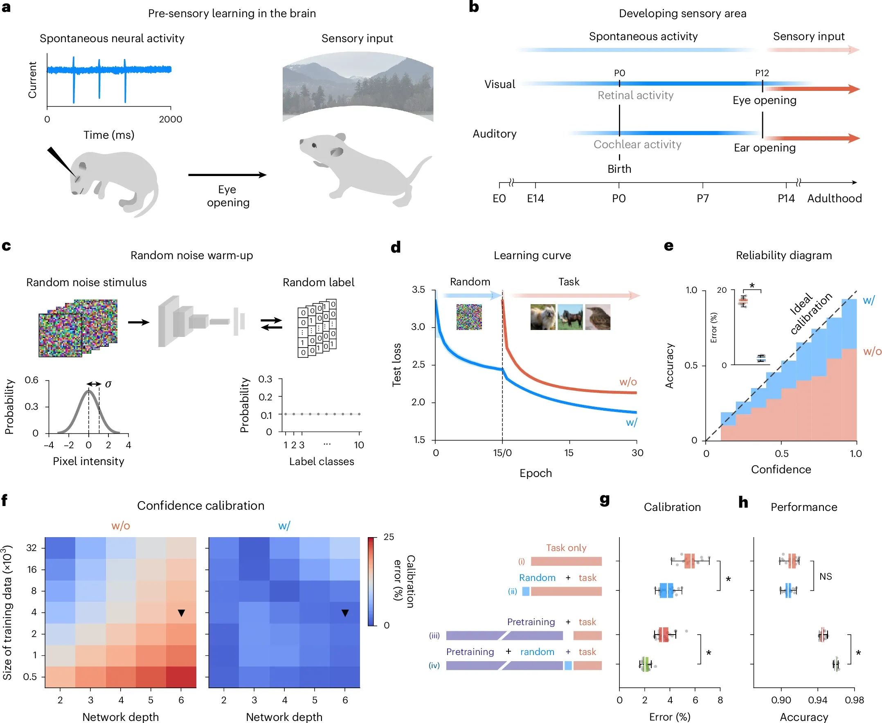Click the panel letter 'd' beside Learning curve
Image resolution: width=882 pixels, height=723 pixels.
pos(396,247)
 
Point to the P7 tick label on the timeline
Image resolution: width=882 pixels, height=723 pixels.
pos(702,198)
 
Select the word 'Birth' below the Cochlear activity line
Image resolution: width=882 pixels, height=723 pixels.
pos(619,169)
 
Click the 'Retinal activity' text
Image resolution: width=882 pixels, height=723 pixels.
pos(636,95)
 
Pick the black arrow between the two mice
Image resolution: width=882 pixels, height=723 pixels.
pos(227,175)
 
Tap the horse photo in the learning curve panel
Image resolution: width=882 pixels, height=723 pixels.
pos(570,317)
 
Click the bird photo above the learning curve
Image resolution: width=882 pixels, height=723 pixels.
pos(598,317)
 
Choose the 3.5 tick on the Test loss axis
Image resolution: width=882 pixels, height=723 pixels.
pos(418,289)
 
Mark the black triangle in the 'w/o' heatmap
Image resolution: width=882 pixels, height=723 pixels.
pos(181,612)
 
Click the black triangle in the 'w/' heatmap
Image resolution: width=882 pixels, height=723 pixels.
pos(345,612)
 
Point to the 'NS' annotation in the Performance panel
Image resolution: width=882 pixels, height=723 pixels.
pos(826,576)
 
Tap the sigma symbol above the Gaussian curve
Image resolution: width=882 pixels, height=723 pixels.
pos(108,384)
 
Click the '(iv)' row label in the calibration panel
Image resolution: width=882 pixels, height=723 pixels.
pos(434,665)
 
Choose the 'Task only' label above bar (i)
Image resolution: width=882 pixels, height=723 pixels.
pos(566,548)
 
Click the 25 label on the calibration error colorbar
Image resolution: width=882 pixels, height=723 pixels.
pos(388,537)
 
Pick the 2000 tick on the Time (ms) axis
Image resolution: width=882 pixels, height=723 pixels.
pos(170,119)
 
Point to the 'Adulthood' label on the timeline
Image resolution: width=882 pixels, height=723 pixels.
pos(834,198)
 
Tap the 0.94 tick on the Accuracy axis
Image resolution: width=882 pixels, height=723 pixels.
pos(817,700)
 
